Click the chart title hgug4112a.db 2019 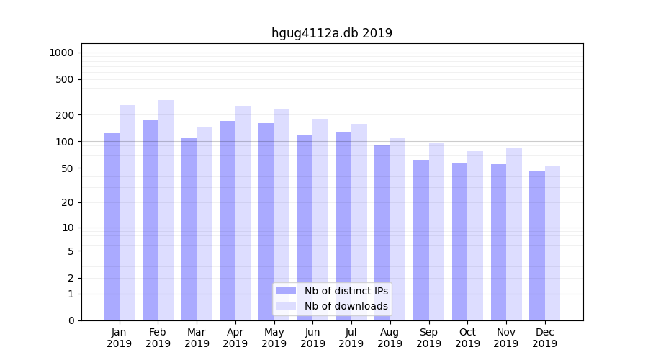331,33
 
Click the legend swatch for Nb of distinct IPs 286,291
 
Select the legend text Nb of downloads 346,306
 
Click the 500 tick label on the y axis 64,79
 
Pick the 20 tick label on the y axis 67,202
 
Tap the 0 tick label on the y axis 71,320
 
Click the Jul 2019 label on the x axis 351,338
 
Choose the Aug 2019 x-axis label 390,338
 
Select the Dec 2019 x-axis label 544,338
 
